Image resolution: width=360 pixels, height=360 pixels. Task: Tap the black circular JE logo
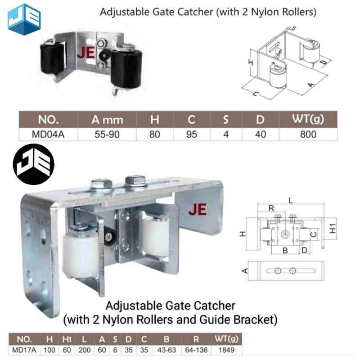34,165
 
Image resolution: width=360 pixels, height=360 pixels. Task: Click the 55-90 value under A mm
107,134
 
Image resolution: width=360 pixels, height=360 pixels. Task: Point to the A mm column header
107,120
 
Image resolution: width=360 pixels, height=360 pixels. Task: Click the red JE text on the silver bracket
197,210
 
